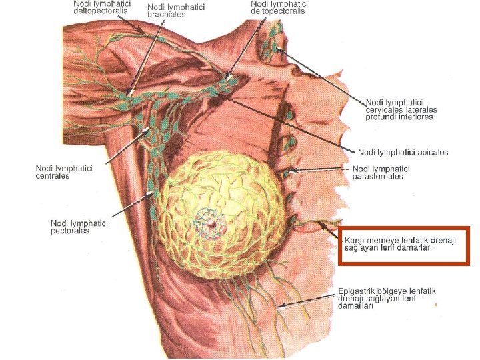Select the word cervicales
tap(385, 109)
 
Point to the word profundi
tap(381, 117)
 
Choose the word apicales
tap(431, 152)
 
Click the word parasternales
tap(378, 176)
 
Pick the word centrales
tap(53, 176)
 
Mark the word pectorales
tap(70, 231)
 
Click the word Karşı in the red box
tap(355, 240)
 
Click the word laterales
tap(421, 109)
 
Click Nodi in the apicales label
tap(369, 152)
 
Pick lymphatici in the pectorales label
tap(91, 223)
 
